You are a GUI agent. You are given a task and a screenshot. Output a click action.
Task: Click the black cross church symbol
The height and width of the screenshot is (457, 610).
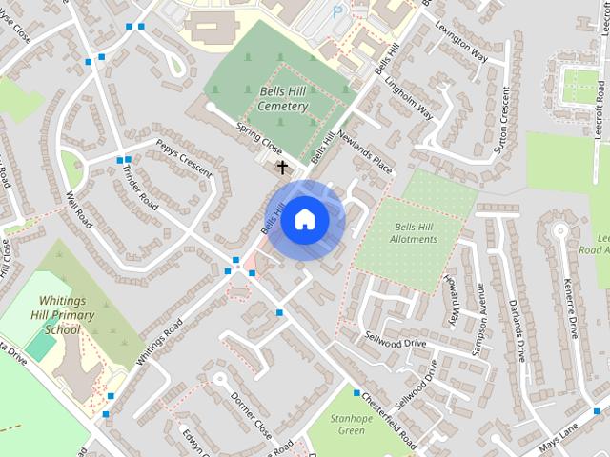[x=282, y=168]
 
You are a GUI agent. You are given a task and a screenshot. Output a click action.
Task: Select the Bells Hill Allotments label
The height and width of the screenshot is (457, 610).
[x=410, y=232]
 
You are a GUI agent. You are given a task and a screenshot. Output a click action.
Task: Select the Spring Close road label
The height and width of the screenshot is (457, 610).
[x=259, y=139]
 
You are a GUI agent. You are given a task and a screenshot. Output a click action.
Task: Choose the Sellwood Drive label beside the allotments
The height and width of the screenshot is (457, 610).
[x=395, y=340]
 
